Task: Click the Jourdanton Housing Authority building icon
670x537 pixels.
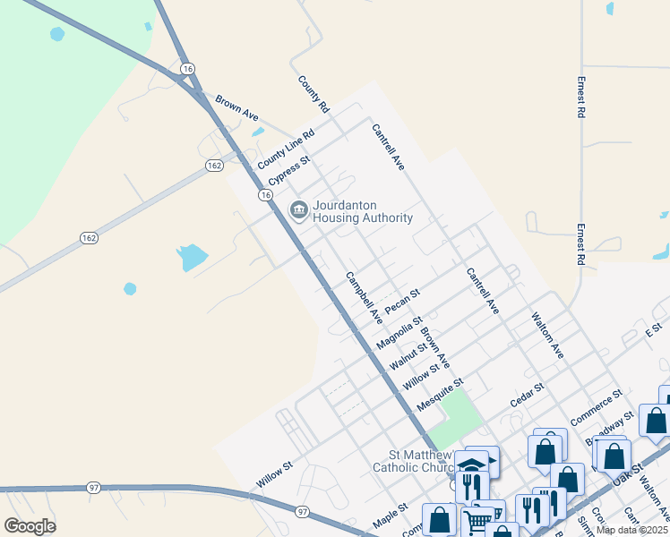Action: [298, 210]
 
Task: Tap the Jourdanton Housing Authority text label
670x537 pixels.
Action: [363, 211]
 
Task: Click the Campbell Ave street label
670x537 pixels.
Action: [365, 297]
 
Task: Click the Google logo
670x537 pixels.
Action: [30, 526]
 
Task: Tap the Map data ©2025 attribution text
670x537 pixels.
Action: [632, 530]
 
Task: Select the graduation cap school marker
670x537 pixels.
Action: [471, 466]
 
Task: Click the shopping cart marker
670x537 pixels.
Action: [478, 521]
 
